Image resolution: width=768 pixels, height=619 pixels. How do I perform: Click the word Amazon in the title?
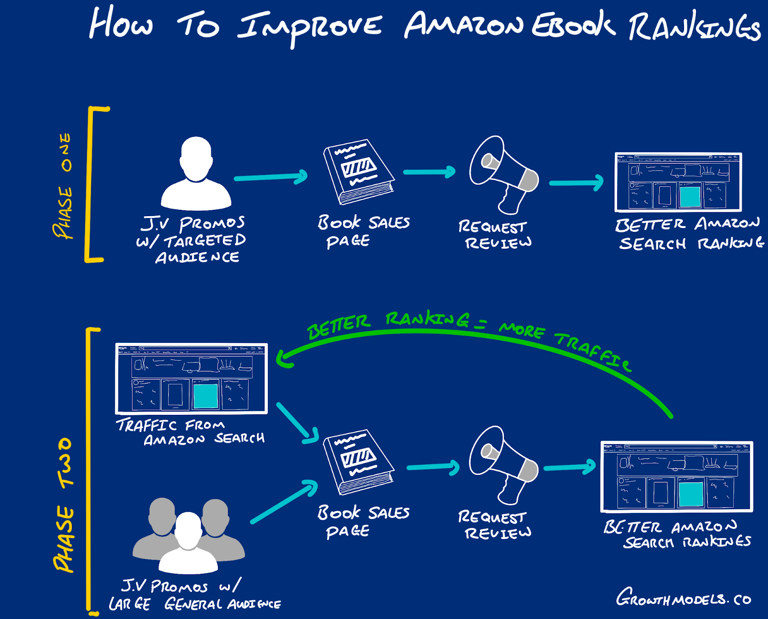point(463,25)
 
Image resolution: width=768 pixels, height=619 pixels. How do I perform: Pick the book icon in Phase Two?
point(358,461)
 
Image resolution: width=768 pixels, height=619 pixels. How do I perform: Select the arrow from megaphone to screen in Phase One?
point(576,183)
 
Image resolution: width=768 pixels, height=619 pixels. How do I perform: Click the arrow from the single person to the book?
point(271,177)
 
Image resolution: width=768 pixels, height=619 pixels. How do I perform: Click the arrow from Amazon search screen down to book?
point(298,423)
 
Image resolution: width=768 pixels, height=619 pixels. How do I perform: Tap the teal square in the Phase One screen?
point(690,196)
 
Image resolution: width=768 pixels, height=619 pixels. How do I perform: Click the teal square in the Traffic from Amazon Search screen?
point(205,395)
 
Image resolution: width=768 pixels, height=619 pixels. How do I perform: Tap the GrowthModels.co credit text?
point(684,598)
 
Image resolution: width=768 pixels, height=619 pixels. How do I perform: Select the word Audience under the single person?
point(197,257)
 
